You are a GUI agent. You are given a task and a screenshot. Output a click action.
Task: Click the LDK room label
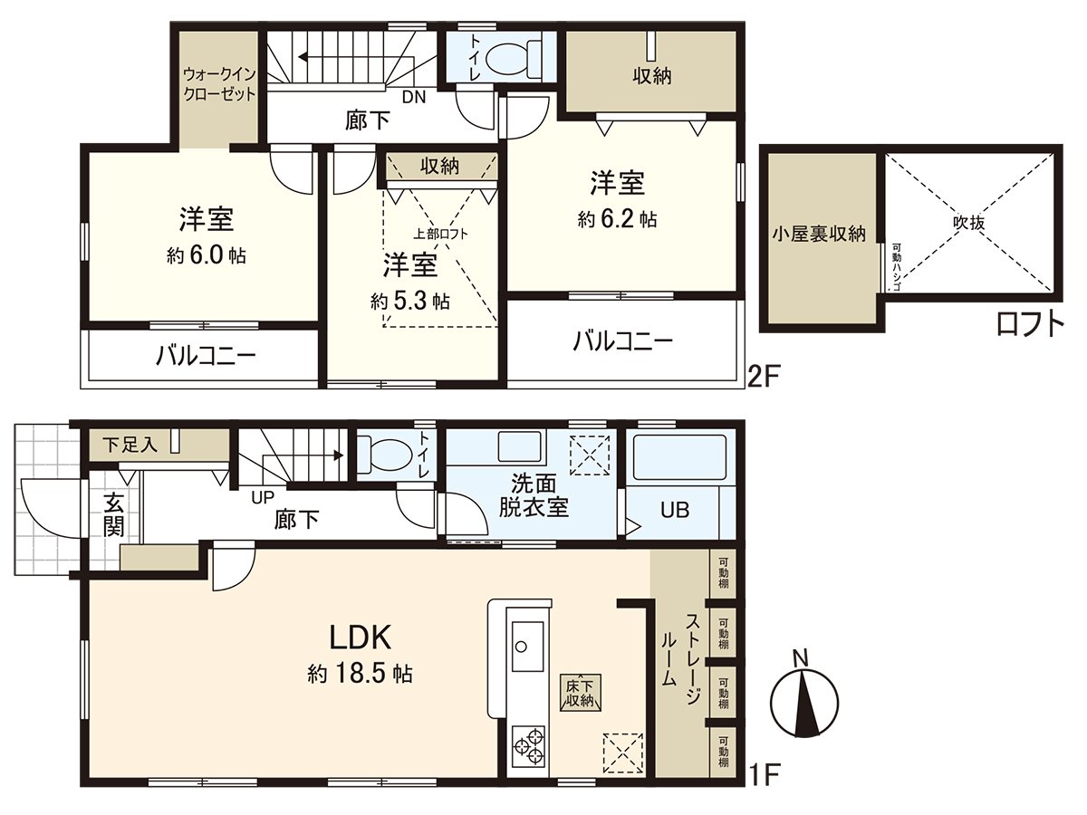click(360, 638)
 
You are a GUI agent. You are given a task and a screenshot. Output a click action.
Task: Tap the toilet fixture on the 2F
click(512, 59)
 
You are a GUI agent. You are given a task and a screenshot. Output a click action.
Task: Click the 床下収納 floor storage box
click(580, 692)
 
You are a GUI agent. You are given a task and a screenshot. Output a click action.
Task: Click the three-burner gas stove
click(528, 748)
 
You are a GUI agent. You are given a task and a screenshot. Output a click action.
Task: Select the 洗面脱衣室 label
click(534, 495)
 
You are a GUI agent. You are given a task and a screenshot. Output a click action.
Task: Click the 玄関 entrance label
click(112, 514)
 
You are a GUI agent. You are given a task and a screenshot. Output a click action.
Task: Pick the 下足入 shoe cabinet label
click(130, 444)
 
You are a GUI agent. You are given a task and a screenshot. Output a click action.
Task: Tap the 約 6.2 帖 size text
click(618, 219)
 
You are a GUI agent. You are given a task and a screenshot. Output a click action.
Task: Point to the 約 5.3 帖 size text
click(410, 301)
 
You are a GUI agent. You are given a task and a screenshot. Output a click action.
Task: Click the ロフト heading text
click(1030, 324)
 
